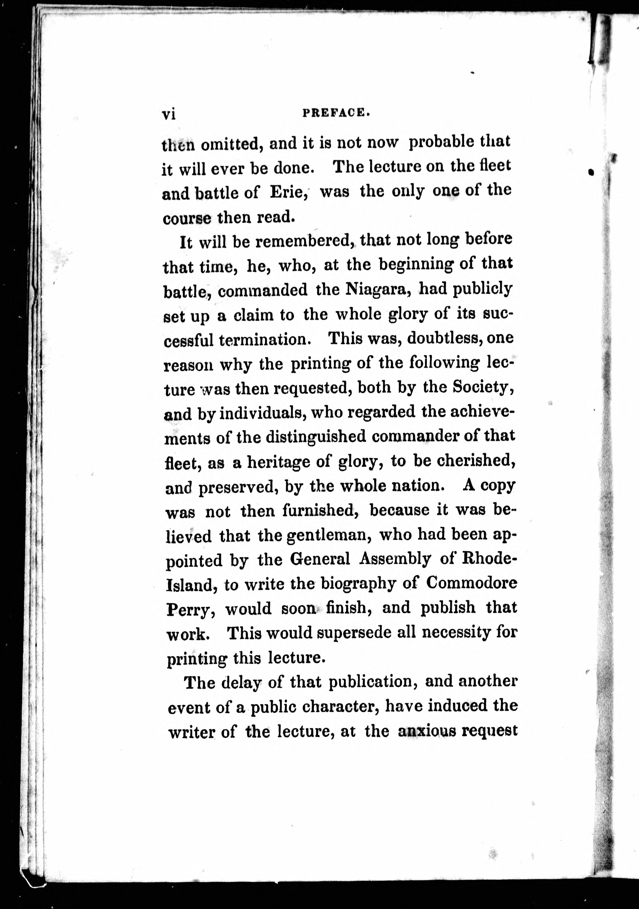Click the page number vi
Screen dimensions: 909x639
[x=169, y=114]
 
